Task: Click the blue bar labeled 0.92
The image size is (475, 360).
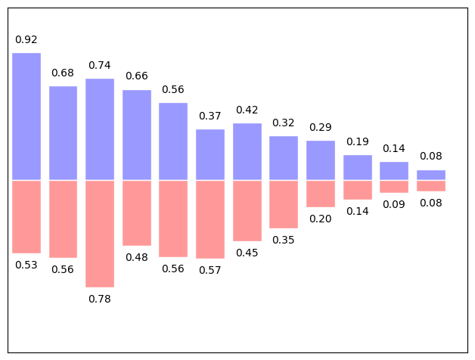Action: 26,116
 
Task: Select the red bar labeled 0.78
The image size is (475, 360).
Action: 100,234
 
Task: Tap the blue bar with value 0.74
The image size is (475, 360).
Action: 100,129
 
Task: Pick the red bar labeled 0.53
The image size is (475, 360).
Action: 26,216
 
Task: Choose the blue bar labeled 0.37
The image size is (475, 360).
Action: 210,154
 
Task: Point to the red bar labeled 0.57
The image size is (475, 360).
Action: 210,219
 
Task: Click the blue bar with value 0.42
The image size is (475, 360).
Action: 247,151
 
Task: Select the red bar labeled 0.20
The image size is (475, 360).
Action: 321,194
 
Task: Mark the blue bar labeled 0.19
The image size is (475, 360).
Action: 358,167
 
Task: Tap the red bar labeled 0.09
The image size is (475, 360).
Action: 394,186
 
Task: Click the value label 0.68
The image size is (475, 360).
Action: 63,73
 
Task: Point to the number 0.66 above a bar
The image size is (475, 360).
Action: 136,76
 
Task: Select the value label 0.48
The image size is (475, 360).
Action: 136,257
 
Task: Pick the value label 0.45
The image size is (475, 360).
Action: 247,253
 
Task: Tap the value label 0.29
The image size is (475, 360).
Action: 321,127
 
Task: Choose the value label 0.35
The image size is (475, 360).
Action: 284,240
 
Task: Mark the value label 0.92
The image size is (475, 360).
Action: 26,39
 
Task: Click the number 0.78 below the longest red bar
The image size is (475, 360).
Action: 100,299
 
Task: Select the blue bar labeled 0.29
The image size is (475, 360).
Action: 321,160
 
